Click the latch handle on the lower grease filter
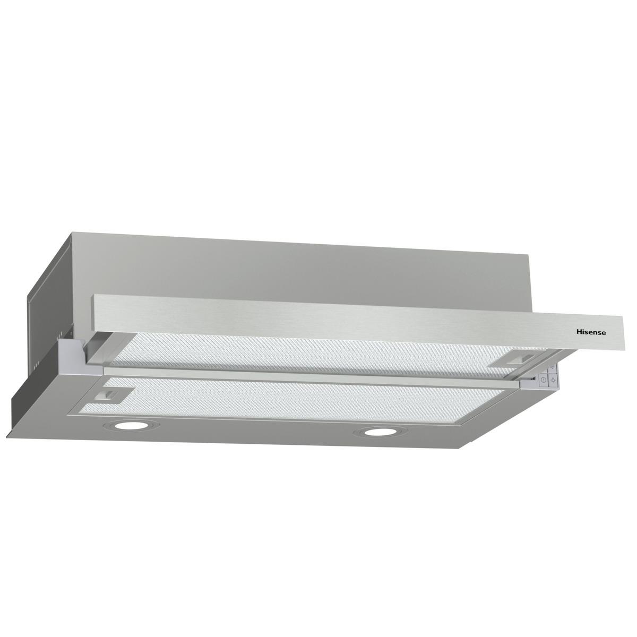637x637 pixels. tap(110, 394)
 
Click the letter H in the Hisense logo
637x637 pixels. tap(580, 331)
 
